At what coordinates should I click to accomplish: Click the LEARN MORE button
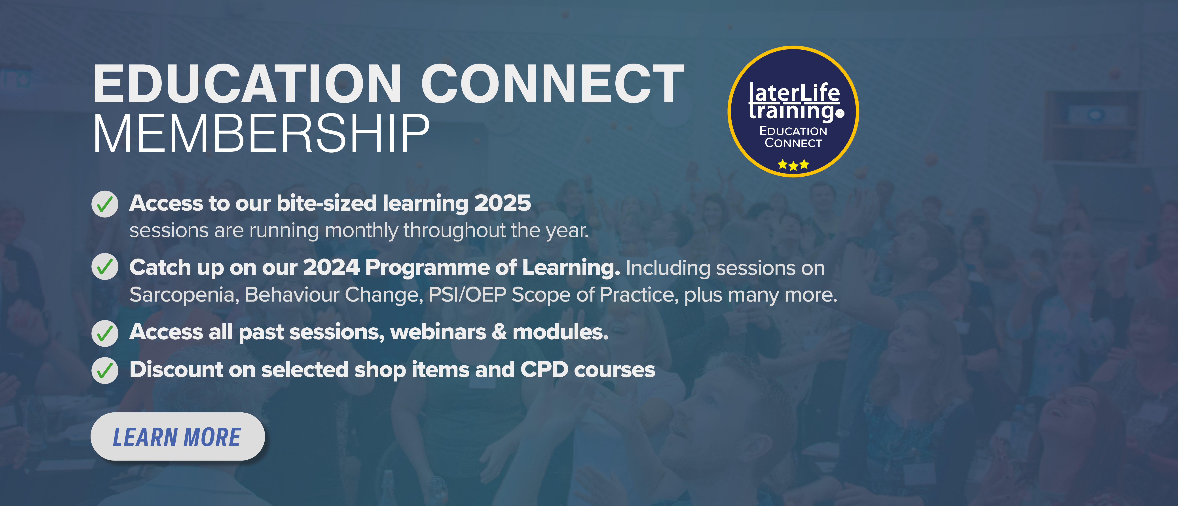click(x=177, y=436)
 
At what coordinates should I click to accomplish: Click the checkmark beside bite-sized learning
click(x=105, y=204)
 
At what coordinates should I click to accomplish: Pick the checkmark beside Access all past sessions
click(x=105, y=333)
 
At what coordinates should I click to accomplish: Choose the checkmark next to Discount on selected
click(x=105, y=370)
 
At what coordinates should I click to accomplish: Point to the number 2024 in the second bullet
click(x=331, y=267)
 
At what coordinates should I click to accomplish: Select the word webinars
click(x=438, y=332)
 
